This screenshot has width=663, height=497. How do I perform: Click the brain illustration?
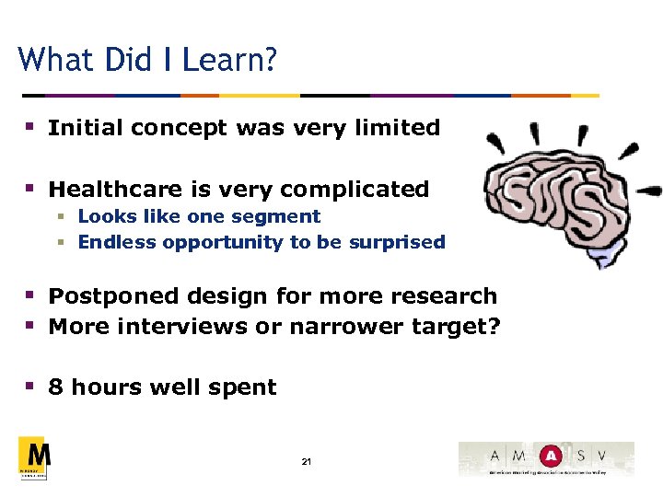point(558,202)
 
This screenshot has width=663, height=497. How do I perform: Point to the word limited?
point(400,128)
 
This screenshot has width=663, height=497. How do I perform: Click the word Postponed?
point(112,296)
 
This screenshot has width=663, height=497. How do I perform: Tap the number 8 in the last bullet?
point(55,387)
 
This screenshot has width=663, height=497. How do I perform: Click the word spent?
point(245,387)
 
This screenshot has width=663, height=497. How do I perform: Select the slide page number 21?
point(306,461)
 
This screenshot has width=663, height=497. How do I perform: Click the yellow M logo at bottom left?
point(34,457)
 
